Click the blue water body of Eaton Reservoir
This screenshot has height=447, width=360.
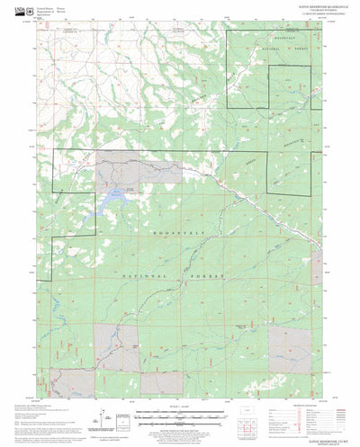tap(115, 193)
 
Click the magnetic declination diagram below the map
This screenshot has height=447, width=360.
tap(109, 416)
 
